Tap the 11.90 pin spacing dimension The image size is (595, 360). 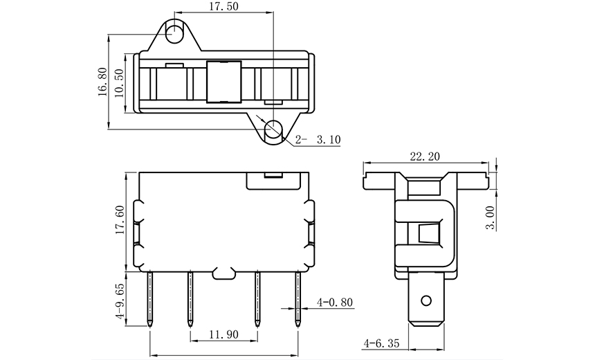click(x=223, y=334)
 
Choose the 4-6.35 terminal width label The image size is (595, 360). click(x=382, y=343)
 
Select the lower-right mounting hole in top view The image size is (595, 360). click(x=275, y=128)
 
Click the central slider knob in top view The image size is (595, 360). click(x=223, y=81)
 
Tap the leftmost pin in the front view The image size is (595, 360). click(x=150, y=298)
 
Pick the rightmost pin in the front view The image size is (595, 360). click(x=299, y=298)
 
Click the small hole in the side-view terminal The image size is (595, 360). click(x=427, y=300)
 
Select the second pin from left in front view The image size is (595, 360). click(x=189, y=298)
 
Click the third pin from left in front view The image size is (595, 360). click(x=257, y=298)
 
